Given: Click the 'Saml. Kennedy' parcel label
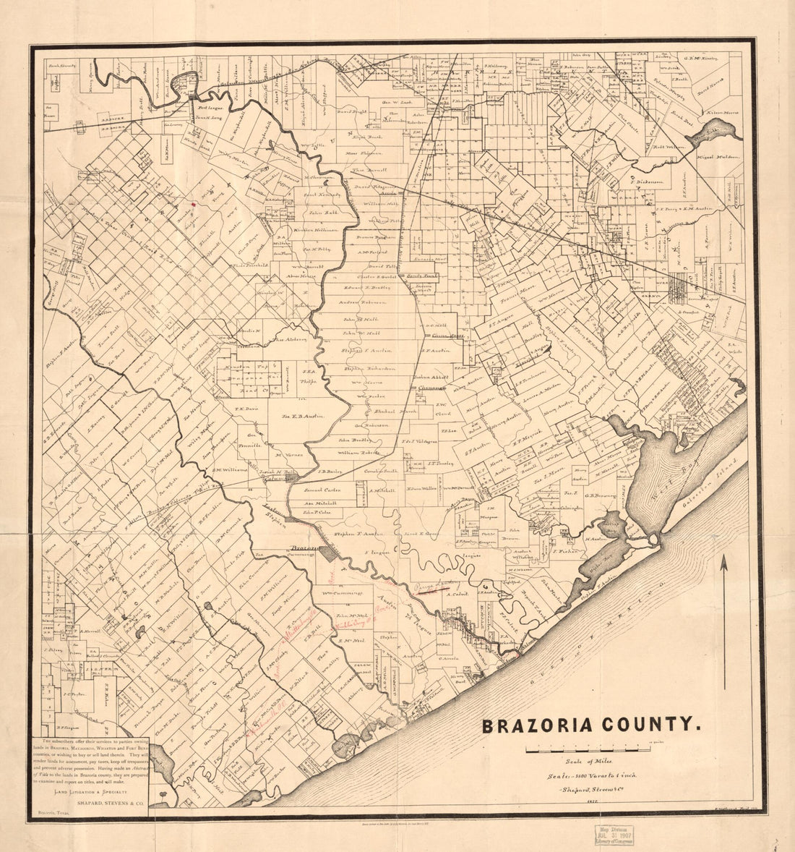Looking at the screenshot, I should [x=322, y=195].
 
